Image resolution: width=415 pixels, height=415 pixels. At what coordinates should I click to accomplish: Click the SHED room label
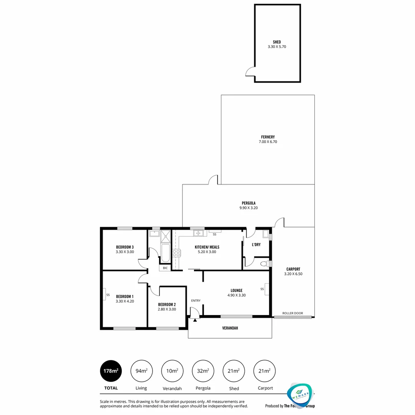277,42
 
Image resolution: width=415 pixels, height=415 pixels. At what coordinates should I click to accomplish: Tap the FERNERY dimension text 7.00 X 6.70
267,142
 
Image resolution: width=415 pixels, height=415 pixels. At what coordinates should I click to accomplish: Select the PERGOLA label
248,203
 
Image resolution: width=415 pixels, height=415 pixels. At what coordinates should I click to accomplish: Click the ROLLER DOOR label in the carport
293,313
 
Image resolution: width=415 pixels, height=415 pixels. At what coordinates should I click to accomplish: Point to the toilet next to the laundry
264,264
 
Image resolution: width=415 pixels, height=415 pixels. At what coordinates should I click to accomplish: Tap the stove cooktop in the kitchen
176,253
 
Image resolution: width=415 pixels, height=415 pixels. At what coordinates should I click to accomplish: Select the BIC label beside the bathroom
165,268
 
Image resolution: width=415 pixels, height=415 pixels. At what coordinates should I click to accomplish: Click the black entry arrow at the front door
195,319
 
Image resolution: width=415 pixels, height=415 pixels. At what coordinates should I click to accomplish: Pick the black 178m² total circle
111,371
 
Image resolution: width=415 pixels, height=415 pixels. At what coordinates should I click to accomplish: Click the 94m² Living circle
141,371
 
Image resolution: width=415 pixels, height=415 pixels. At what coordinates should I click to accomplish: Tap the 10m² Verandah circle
172,371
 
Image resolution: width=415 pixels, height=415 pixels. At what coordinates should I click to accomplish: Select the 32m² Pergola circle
203,371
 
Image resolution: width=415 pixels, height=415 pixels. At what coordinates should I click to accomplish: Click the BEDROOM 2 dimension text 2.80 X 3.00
167,309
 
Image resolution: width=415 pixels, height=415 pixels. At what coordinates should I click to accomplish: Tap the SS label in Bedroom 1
108,295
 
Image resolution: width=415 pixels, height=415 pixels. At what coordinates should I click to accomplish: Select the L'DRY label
256,244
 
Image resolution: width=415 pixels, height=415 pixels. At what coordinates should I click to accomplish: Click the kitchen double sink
198,233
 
